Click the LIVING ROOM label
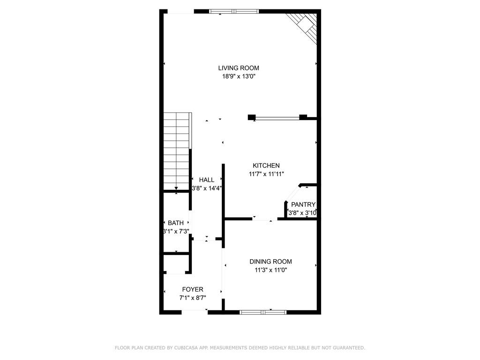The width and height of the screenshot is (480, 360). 238,68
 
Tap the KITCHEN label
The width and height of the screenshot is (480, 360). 266,165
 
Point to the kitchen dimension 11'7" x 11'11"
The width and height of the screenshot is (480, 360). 266,174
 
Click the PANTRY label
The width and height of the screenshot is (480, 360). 303,205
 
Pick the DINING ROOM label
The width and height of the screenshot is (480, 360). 270,262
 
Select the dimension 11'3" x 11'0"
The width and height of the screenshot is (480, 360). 270,270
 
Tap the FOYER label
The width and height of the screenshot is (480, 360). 193,290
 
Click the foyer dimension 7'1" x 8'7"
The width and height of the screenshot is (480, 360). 193,298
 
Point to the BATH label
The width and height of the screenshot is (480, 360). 176,223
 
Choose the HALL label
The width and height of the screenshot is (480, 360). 206,180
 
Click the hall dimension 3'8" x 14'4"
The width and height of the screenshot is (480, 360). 207,188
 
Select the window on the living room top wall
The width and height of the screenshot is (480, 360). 233,11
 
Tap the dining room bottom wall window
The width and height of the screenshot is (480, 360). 263,312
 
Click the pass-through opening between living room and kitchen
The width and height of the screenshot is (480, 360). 277,118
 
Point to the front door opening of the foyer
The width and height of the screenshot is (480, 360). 195,311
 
